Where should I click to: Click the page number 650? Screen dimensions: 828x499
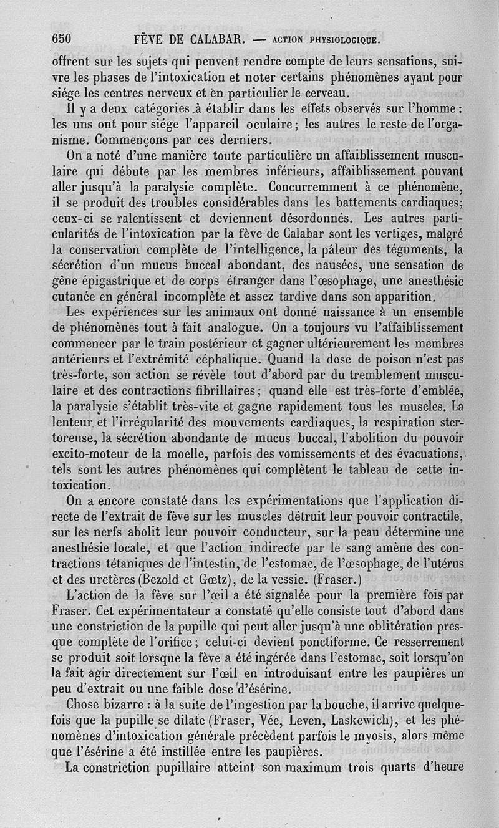tap(62, 39)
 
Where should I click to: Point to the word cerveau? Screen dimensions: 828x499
tap(316, 94)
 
